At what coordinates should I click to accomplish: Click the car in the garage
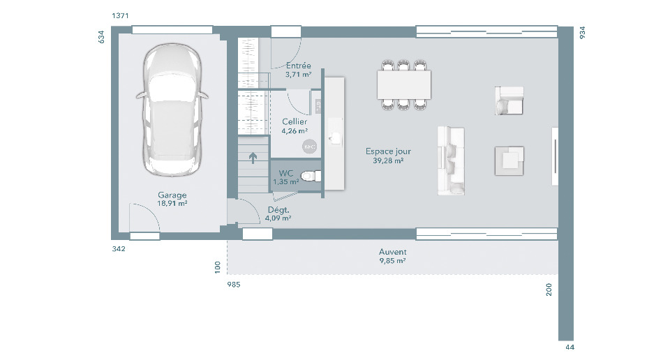(172, 110)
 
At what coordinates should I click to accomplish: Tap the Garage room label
(172, 195)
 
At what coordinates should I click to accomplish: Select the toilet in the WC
(311, 176)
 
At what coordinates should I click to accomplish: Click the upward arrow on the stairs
(253, 158)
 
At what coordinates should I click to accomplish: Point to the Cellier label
(295, 121)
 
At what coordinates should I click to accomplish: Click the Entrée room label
(298, 66)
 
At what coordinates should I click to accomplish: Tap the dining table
(404, 84)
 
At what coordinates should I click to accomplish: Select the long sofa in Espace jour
(451, 160)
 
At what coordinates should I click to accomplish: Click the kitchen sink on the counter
(335, 137)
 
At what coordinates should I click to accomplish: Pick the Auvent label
(393, 252)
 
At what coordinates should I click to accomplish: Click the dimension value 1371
(120, 16)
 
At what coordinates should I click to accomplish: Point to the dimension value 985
(234, 285)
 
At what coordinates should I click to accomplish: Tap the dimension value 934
(582, 33)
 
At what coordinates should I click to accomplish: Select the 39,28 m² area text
(388, 160)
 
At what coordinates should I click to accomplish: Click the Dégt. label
(278, 210)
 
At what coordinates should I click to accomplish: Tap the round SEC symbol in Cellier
(309, 147)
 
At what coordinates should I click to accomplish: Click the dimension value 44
(570, 347)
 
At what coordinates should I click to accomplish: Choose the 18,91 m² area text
(172, 203)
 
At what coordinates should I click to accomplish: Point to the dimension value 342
(119, 248)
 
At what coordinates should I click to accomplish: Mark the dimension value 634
(101, 37)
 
